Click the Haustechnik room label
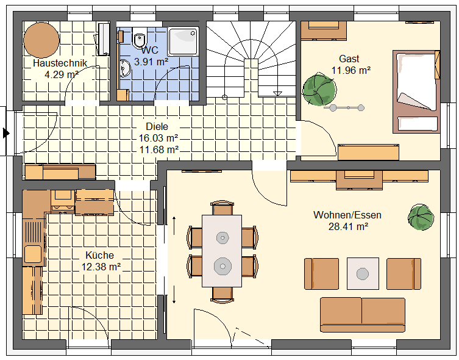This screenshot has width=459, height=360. point(60,63)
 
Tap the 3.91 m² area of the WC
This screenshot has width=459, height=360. point(151,62)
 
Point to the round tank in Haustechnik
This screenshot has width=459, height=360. point(41,40)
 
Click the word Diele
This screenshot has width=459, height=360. point(157,126)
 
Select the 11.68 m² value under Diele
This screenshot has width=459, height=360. point(159,149)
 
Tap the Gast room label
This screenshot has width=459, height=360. point(349,59)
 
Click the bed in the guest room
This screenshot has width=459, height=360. point(416,92)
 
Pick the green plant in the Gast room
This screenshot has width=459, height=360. point(319,90)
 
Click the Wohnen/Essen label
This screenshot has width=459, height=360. point(347,215)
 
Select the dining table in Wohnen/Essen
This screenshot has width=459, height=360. point(222,251)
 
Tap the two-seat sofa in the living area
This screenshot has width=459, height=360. point(363,315)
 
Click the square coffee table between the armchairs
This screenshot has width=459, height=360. point(363,273)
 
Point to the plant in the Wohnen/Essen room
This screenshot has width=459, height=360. point(421,217)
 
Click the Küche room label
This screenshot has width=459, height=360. point(99,255)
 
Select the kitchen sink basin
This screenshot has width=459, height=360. point(33,254)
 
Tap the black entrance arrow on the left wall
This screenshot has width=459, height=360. point(6,133)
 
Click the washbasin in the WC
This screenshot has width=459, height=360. point(125,68)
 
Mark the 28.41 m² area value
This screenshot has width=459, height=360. point(348,226)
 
